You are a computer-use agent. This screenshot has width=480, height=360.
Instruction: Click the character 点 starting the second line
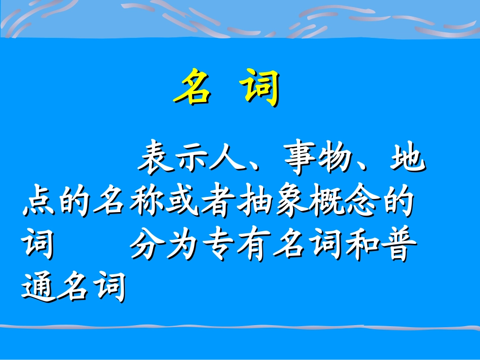tap(38, 203)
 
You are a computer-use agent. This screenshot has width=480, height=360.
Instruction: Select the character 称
tap(147, 203)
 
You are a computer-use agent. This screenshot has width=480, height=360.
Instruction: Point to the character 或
tap(182, 203)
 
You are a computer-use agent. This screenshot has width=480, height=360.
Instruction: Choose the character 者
tap(218, 203)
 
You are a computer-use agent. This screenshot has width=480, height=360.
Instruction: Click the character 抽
tap(254, 203)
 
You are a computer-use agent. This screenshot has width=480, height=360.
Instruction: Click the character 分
tap(147, 246)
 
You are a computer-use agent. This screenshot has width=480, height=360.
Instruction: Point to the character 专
tap(218, 246)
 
